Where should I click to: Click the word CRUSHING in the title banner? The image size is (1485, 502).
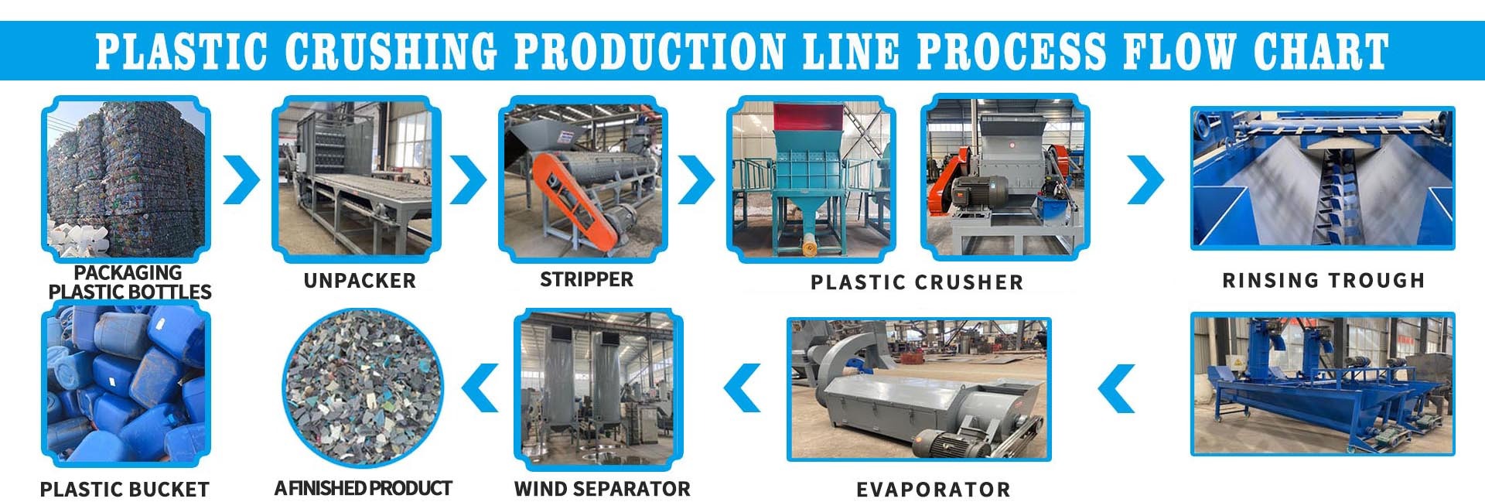tap(391, 52)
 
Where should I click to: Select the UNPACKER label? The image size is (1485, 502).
tap(360, 280)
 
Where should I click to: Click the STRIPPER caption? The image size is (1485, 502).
tap(586, 279)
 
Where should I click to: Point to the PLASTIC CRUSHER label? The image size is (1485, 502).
tap(917, 282)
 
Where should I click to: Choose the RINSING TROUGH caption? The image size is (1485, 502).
tap(1323, 280)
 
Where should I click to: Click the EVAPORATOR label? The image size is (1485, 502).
tap(933, 489)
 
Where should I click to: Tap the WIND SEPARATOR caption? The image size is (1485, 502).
tap(602, 489)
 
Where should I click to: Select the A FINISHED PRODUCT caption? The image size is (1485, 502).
tap(363, 488)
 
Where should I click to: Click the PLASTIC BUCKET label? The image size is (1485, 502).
tap(125, 489)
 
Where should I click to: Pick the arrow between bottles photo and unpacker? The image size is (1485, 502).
tap(242, 179)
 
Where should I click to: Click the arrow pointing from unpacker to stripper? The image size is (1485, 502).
tap(469, 179)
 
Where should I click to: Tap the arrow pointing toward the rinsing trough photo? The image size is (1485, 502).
tap(1145, 179)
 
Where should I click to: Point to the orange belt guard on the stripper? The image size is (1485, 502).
tap(576, 197)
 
